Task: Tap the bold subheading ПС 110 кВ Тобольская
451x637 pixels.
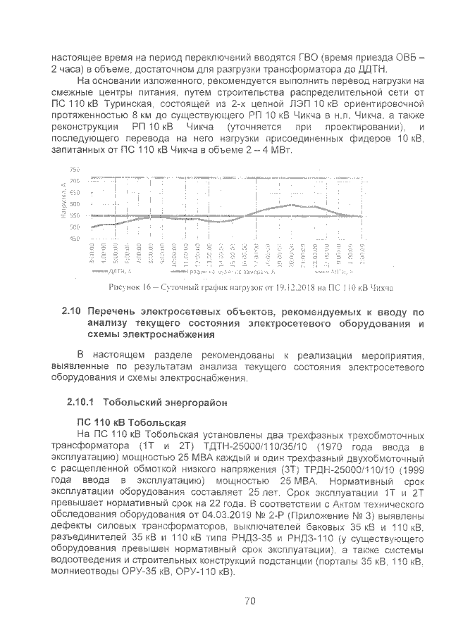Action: coord(130,422)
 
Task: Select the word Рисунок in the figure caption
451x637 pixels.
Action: coord(126,288)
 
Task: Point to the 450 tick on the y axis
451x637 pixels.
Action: coord(75,239)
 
